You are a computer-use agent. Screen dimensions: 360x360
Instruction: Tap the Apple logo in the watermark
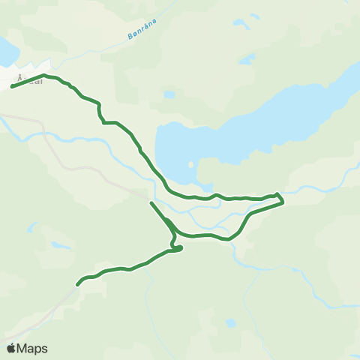(11, 348)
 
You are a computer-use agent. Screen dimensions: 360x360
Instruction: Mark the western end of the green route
(12, 87)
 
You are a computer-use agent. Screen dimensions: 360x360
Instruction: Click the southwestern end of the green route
(77, 284)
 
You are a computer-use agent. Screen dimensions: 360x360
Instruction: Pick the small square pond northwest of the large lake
(169, 95)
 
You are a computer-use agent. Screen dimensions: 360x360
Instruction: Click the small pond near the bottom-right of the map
(231, 323)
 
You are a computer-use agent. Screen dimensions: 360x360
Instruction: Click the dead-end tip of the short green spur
(151, 203)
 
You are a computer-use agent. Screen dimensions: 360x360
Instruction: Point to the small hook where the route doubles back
(178, 247)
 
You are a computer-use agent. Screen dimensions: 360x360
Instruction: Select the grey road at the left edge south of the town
(15, 120)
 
